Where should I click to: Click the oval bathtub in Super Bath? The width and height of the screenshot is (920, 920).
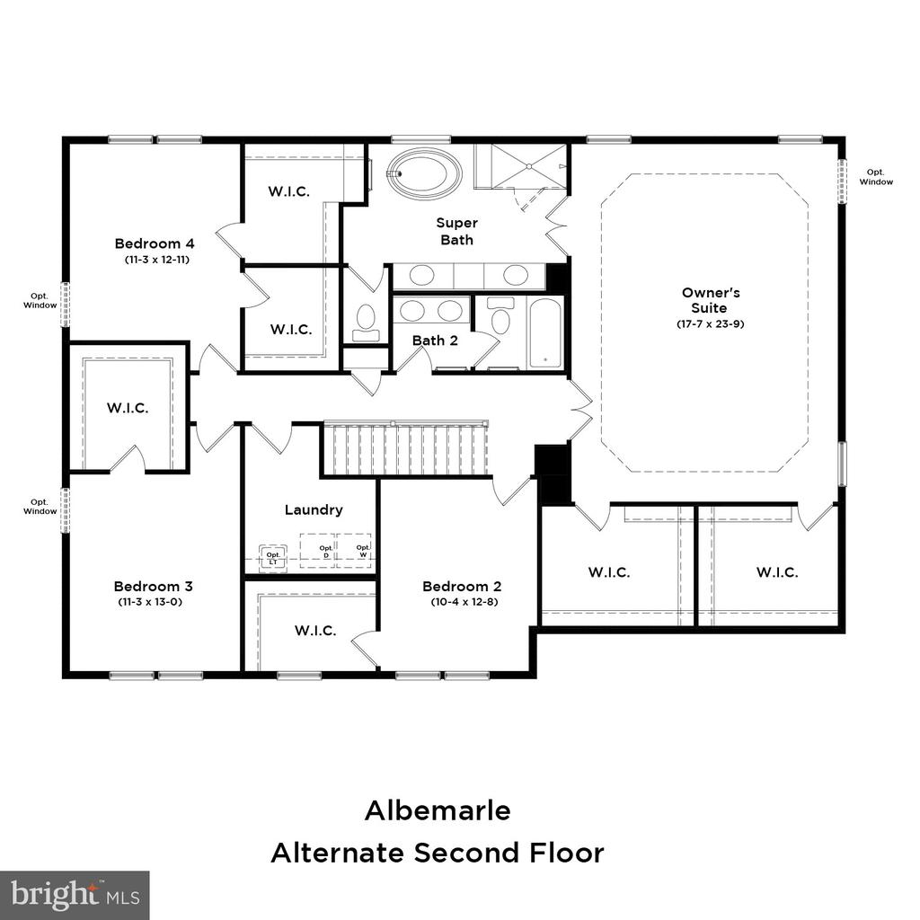(x=425, y=172)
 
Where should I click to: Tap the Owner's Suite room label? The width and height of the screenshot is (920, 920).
(x=711, y=300)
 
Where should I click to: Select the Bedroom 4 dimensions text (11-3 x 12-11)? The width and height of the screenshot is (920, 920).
(x=157, y=260)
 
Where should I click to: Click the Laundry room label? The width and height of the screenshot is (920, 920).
(x=314, y=510)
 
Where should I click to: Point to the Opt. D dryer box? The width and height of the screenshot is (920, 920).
(x=317, y=551)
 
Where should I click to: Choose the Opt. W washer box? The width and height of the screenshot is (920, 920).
(x=354, y=551)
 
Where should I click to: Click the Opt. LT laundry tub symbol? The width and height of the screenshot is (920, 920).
(x=273, y=556)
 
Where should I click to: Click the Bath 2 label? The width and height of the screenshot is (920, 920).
(x=435, y=341)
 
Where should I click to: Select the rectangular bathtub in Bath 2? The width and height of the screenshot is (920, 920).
(x=545, y=332)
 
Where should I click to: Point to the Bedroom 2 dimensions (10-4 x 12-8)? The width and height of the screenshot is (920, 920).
(x=464, y=601)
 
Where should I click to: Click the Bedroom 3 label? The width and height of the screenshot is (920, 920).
(x=153, y=586)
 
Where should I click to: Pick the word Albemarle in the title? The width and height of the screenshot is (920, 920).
(x=438, y=811)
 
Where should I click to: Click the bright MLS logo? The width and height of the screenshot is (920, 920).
(x=75, y=896)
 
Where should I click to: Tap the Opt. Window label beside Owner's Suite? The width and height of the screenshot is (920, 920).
(x=876, y=177)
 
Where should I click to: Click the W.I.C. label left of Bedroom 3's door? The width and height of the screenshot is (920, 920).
(x=128, y=408)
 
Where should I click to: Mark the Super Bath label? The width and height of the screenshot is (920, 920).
(x=456, y=231)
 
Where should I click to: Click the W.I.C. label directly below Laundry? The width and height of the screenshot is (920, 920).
(x=315, y=631)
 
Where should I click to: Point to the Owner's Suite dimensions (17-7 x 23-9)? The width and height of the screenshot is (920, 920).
(x=711, y=323)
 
